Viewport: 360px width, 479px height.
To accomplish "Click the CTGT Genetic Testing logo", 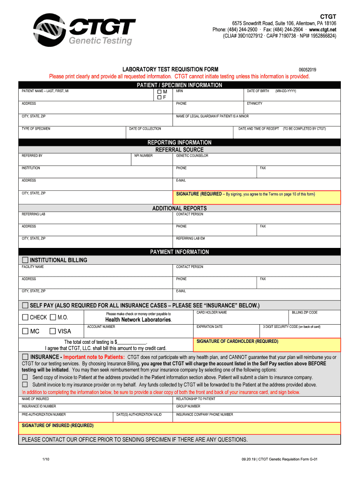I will (x=82, y=29).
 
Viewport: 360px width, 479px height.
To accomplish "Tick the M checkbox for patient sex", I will (x=159, y=92).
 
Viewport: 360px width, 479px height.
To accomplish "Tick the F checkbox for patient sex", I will (x=159, y=98).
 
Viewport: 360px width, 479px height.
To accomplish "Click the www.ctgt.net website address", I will (x=323, y=29).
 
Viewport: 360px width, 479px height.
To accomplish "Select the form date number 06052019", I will (x=307, y=70).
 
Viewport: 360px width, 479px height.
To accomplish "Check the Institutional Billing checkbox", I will (x=25, y=260).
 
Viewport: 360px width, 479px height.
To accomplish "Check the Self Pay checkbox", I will (x=25, y=305).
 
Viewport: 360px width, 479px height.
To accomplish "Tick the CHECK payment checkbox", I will (x=25, y=318).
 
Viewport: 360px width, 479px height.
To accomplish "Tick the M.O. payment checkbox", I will (x=53, y=318).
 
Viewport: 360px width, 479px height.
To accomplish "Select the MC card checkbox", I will (x=25, y=331).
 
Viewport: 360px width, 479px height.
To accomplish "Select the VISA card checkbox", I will (x=53, y=331).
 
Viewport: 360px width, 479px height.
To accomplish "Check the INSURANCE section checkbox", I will (x=25, y=357).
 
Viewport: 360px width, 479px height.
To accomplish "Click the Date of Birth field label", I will (x=258, y=91).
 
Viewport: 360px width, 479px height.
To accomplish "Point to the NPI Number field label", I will (x=144, y=156).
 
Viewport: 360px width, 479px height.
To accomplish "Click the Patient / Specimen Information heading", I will (x=180, y=85).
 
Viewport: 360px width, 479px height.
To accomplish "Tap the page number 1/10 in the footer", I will (x=46, y=459).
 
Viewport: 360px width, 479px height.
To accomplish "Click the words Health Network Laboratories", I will (x=138, y=320).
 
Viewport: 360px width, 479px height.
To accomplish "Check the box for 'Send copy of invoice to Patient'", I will (x=25, y=377).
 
